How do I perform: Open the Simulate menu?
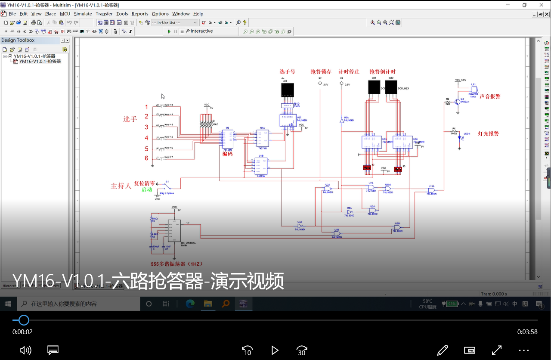pos(83,14)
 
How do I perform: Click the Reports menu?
pos(139,14)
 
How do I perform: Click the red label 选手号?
pos(287,72)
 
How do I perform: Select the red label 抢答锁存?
pos(321,72)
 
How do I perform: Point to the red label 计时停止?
pos(349,72)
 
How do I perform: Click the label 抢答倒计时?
pos(382,72)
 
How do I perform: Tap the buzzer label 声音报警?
pos(490,97)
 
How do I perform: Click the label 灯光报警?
pos(488,134)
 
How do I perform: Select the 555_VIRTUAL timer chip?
pos(174,230)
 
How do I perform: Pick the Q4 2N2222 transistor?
pos(457,102)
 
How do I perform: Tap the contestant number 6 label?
pos(146,158)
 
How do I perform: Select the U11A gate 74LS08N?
pos(431,190)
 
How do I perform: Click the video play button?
pos(275,351)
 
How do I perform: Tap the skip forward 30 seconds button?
pos(302,351)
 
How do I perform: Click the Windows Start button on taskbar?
pos(8,304)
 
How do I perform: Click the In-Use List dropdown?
pos(174,22)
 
